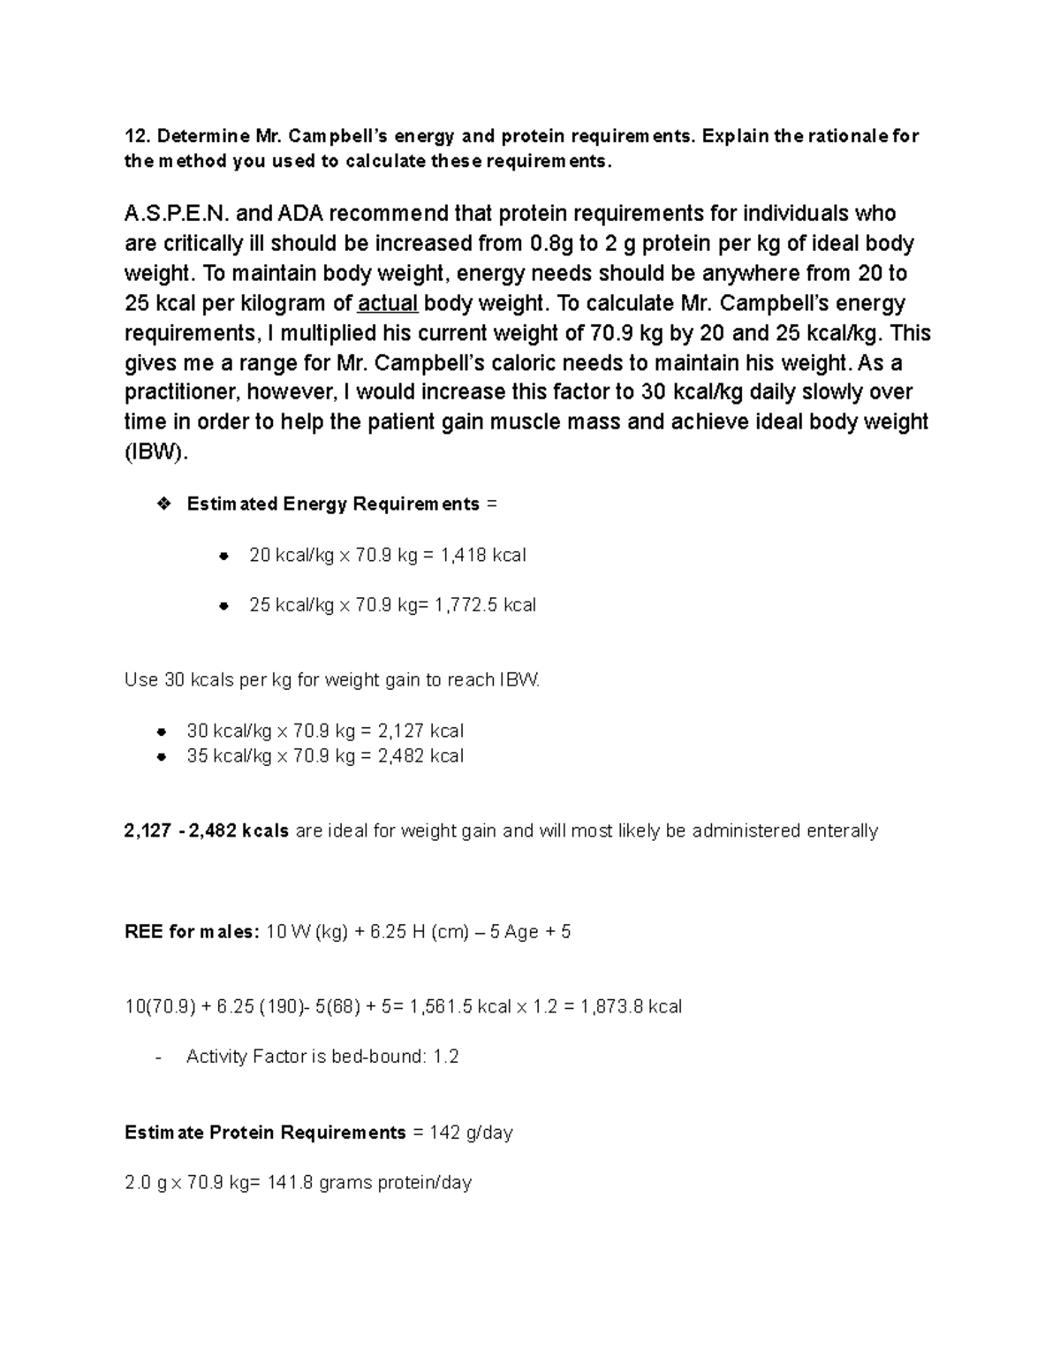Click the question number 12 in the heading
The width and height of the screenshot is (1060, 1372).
135,136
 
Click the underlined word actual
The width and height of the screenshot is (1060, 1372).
388,303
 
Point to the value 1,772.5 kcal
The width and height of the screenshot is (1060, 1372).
485,605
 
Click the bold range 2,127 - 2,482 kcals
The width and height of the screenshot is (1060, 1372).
207,831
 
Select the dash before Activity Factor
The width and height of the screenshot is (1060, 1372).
158,1057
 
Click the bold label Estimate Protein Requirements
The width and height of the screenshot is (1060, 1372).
265,1133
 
